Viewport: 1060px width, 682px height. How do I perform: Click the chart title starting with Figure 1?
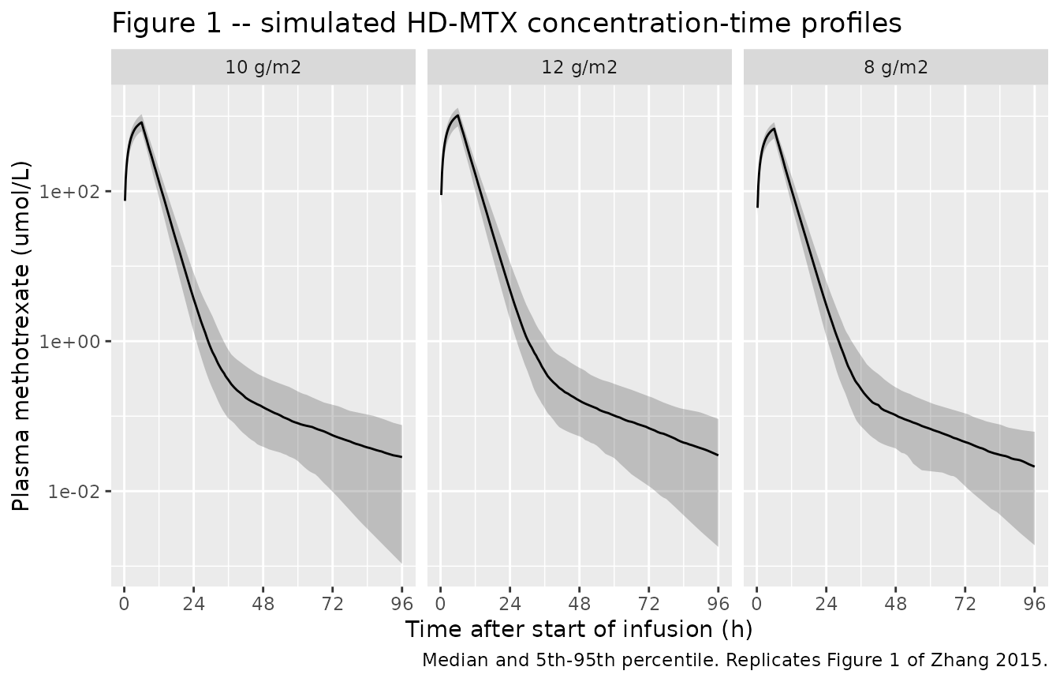pos(506,23)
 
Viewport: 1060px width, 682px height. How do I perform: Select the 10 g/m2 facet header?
pos(263,67)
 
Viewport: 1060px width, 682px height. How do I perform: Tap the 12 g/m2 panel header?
pos(579,67)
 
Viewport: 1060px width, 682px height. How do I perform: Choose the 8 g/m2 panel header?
pos(896,67)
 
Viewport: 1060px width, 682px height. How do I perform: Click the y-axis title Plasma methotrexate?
pos(21,336)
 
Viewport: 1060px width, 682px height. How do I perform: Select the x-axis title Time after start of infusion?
pos(579,629)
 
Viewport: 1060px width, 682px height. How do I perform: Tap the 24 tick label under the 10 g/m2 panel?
pos(193,604)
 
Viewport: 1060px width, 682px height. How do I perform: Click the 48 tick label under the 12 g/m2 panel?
pos(579,604)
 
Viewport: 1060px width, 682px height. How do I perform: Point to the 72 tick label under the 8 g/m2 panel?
pos(965,604)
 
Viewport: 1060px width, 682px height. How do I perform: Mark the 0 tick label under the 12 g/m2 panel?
pos(441,604)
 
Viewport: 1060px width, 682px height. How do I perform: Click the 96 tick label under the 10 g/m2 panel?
pos(401,604)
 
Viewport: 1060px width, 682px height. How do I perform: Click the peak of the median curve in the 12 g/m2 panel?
pos(457,115)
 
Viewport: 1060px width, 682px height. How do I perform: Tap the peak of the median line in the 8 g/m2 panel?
pos(774,129)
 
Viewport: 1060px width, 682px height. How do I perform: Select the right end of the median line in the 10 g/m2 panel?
pos(401,457)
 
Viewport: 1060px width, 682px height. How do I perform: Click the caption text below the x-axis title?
pos(735,660)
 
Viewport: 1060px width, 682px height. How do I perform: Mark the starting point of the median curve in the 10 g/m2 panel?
pos(125,200)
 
